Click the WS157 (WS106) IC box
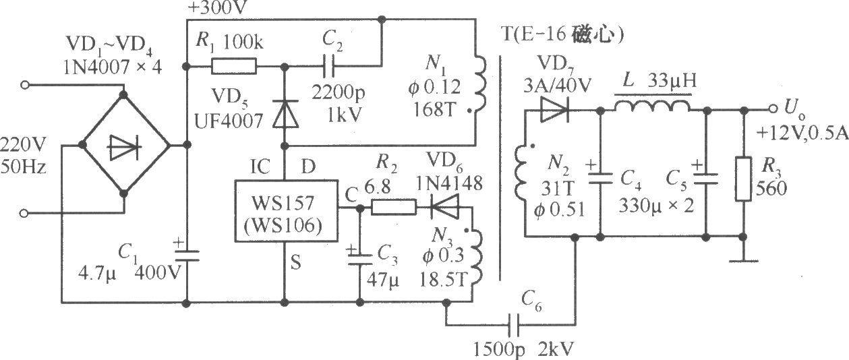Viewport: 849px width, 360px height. (286, 211)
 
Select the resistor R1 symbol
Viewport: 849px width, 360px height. (233, 66)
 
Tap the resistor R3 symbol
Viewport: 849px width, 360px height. (743, 179)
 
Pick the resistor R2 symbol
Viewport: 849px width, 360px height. (393, 208)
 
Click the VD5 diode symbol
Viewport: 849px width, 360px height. (285, 113)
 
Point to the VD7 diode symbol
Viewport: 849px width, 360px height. (554, 110)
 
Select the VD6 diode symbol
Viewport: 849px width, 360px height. (444, 207)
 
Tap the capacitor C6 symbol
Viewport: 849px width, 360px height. (514, 325)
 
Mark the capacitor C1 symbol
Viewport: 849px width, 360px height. (187, 256)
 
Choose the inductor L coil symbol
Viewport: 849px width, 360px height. (652, 106)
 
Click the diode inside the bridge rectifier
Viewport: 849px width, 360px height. (124, 147)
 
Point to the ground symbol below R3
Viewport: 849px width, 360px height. (743, 261)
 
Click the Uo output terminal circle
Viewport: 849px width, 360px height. (773, 109)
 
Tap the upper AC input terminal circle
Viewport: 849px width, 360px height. (25, 85)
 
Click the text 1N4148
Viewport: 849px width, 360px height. (450, 184)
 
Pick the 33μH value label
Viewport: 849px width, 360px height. (672, 81)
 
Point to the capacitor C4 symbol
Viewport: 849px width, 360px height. (600, 178)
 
